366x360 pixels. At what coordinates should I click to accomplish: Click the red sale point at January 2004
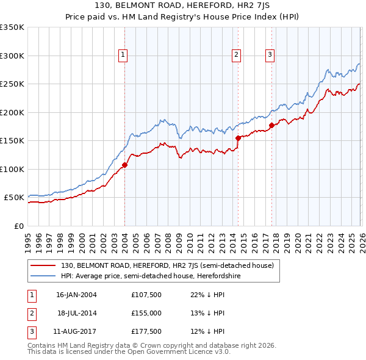click(x=124, y=165)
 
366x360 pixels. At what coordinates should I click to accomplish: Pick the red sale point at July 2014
click(x=238, y=138)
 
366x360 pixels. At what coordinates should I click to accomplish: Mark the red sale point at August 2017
click(x=271, y=125)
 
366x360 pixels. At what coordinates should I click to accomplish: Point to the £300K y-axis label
click(x=12, y=56)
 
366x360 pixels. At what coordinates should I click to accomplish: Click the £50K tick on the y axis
click(x=15, y=198)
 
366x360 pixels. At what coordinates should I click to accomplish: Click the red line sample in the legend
click(x=43, y=266)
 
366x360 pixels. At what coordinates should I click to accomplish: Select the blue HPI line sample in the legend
click(x=43, y=276)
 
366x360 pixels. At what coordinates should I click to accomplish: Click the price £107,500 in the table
click(x=146, y=295)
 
